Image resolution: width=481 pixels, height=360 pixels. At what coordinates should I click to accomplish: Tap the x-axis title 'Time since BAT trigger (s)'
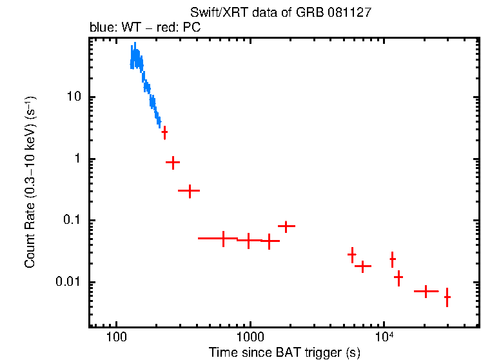click(x=284, y=352)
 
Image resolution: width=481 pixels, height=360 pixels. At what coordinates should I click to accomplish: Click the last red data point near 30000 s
click(x=447, y=297)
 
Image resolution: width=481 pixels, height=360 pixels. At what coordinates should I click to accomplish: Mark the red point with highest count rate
click(x=164, y=132)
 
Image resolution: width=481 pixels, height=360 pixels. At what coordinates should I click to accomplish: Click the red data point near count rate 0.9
click(x=173, y=163)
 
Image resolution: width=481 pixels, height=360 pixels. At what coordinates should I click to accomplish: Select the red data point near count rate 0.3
click(x=189, y=190)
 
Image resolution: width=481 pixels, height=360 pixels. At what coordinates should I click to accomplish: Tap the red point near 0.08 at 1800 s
click(x=286, y=226)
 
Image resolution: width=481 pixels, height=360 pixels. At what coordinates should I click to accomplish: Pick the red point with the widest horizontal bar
click(x=223, y=238)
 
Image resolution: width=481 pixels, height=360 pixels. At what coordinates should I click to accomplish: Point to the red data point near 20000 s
click(x=426, y=292)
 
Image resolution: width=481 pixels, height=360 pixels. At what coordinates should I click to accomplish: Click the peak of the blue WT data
click(x=135, y=46)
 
